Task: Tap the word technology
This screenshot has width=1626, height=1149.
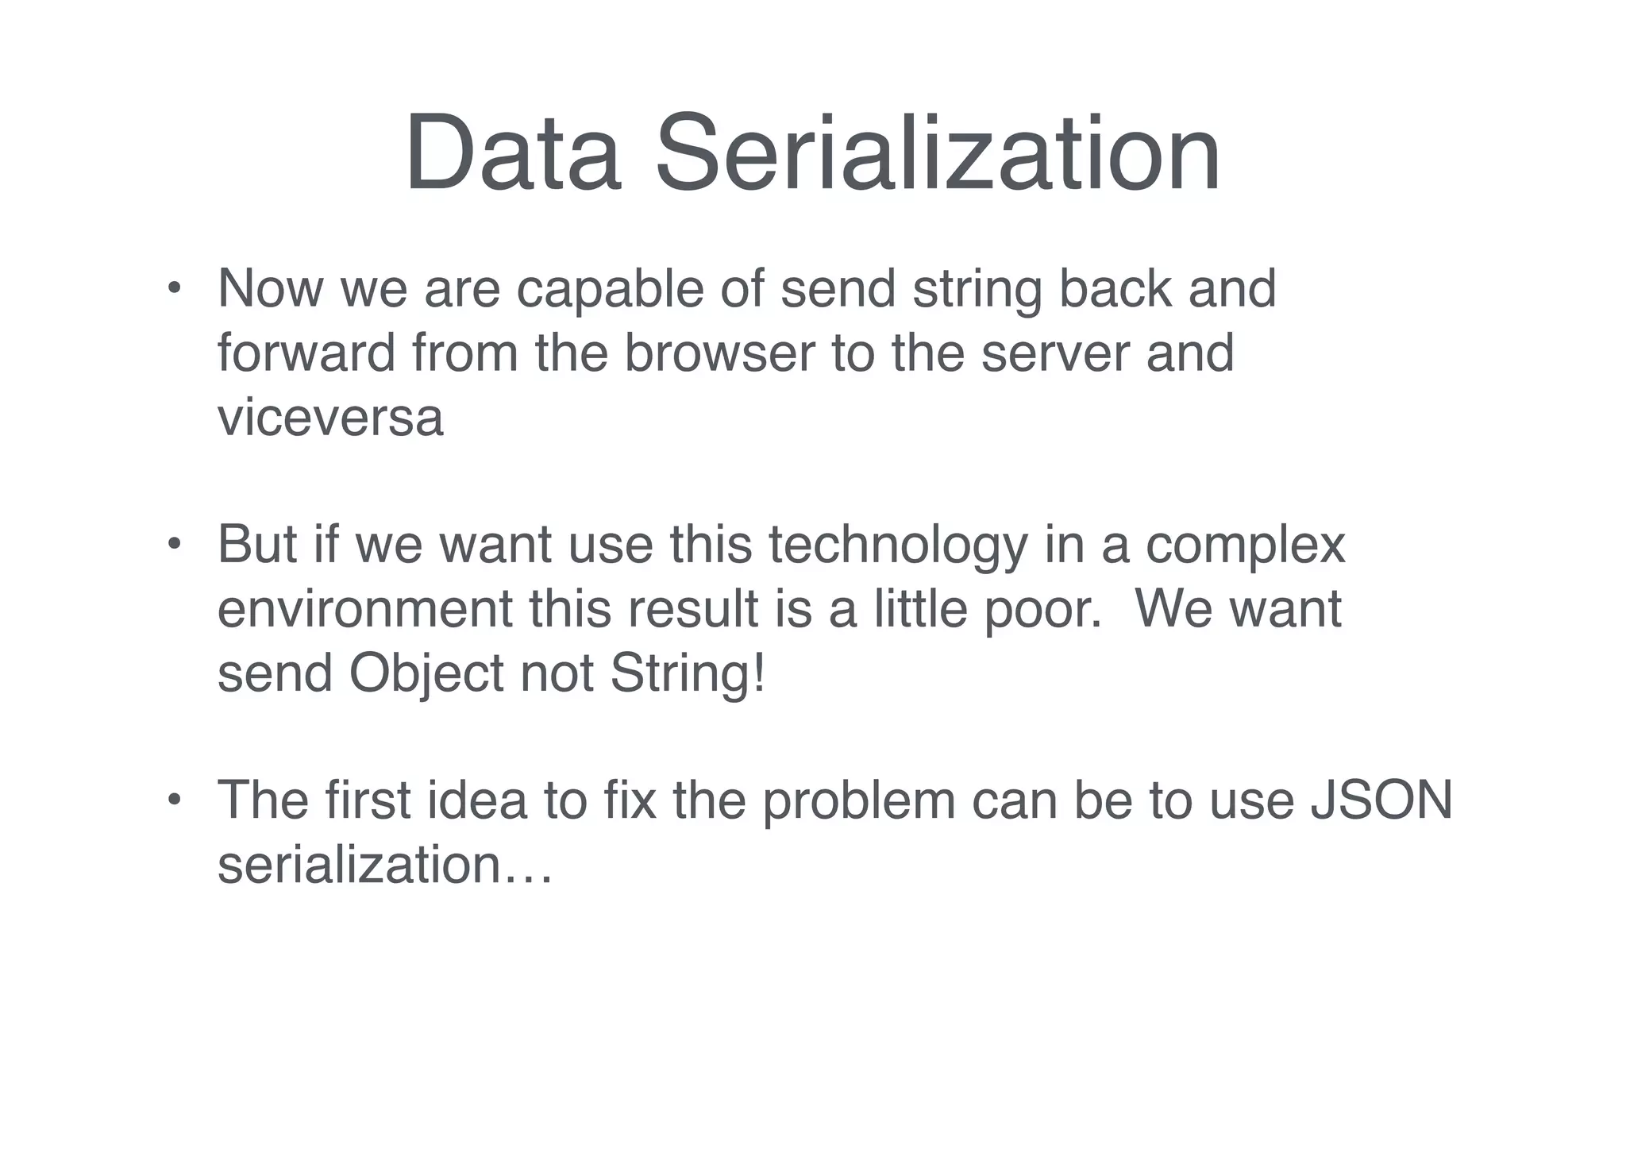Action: pos(897,546)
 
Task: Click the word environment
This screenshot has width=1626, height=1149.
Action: pos(365,610)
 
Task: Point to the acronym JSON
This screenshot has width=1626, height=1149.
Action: pos(1381,800)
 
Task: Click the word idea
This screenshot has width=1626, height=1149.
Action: pos(477,800)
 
